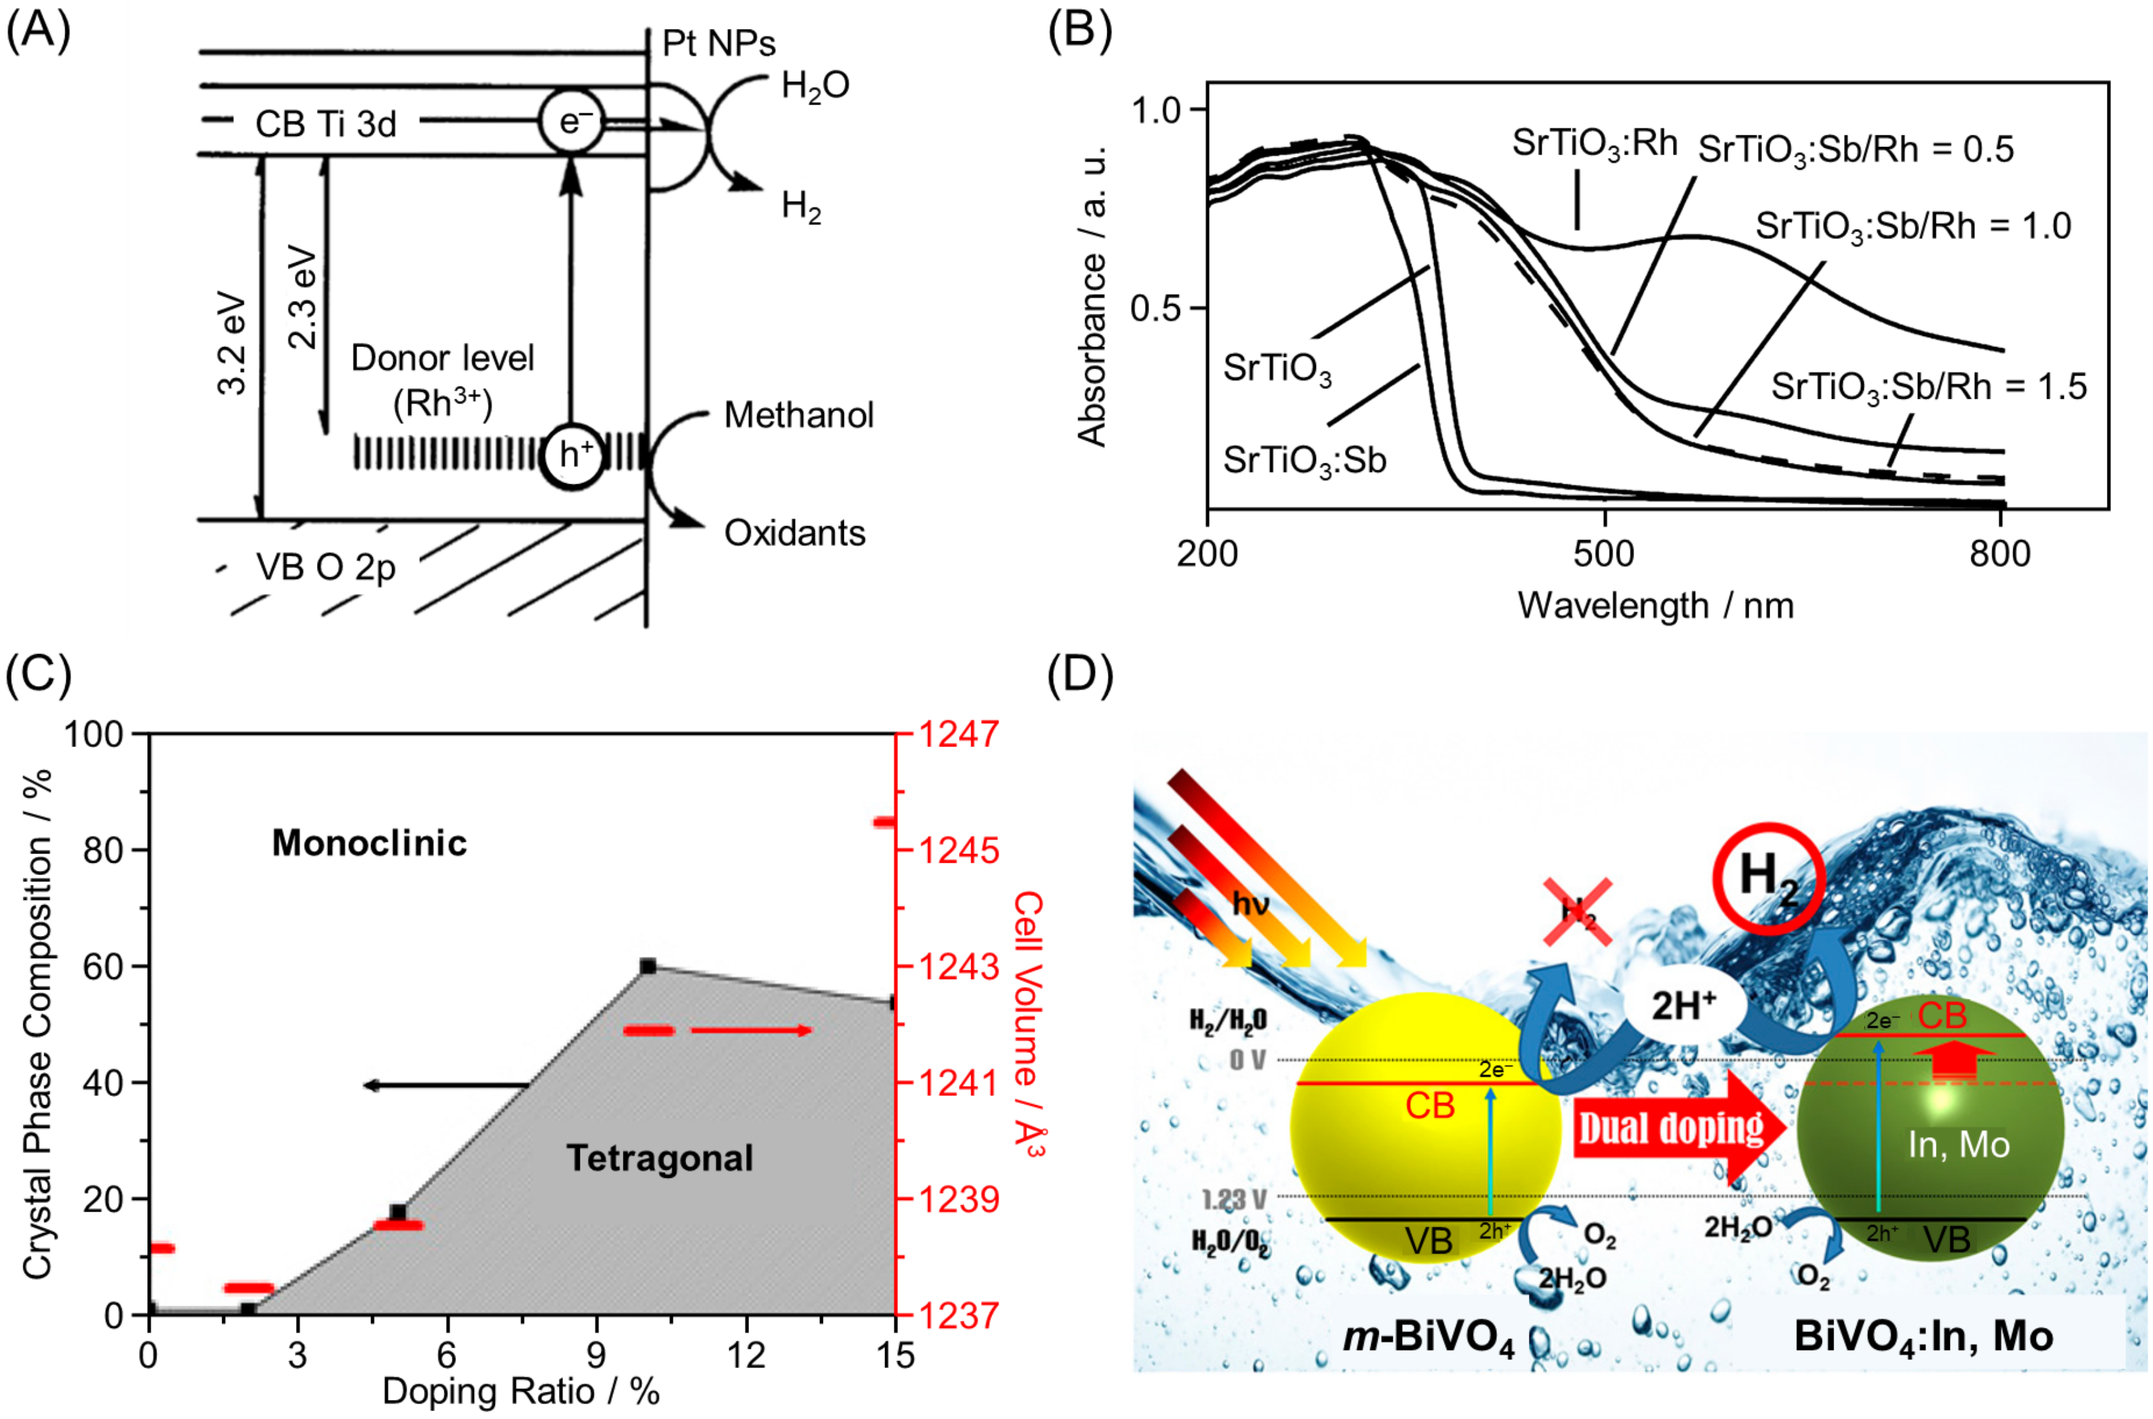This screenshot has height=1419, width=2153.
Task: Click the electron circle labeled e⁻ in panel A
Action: point(570,121)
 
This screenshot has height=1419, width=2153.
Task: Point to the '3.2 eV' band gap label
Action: point(233,344)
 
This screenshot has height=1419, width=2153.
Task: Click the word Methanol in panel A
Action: point(798,415)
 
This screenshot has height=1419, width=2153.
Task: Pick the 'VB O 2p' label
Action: point(326,567)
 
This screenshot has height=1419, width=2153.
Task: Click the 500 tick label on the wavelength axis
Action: point(1603,554)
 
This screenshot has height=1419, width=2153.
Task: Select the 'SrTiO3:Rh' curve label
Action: point(1595,143)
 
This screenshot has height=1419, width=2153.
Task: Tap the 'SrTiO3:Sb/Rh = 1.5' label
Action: point(1928,387)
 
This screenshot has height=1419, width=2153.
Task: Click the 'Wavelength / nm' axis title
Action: point(1655,606)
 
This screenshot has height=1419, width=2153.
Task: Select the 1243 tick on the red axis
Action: point(960,967)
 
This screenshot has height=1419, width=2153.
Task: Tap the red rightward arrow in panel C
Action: point(751,1030)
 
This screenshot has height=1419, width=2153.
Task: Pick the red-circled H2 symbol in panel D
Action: point(1768,878)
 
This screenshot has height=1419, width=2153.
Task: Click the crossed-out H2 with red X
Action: point(1578,912)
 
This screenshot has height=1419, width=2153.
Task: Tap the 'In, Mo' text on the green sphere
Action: point(1959,1145)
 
